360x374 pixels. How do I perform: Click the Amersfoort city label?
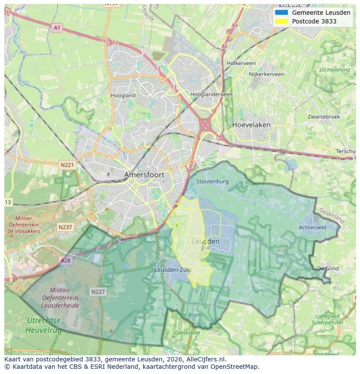[144, 175]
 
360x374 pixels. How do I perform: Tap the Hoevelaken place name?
[251, 125]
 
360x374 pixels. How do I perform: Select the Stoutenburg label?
[212, 181]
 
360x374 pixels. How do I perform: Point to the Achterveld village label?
[312, 227]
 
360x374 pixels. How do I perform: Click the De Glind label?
[328, 268]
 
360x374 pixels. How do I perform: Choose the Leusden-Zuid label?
[173, 270]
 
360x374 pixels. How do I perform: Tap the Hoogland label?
[123, 96]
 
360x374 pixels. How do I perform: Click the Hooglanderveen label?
[212, 94]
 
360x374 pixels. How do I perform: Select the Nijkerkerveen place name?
[266, 74]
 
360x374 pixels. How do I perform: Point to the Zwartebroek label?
[324, 117]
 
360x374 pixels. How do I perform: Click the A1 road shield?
[57, 28]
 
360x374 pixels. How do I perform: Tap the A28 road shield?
[65, 260]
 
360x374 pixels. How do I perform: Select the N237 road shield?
[66, 227]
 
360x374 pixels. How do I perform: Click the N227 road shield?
[98, 292]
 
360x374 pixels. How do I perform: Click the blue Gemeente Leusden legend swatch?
[281, 13]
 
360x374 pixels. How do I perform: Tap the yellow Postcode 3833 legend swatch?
[281, 21]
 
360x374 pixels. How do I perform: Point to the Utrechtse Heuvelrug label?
[43, 325]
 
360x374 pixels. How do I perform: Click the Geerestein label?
[187, 333]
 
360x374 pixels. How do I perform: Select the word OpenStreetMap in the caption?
[237, 367]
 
